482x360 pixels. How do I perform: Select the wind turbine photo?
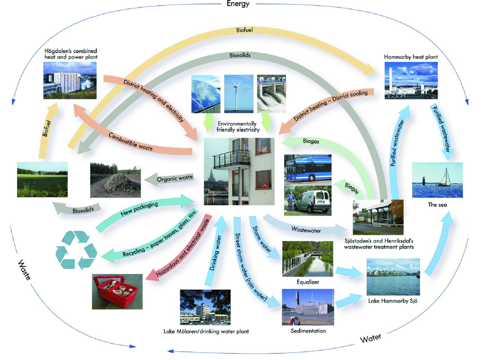coord(238,93)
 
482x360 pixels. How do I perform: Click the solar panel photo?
coord(206,93)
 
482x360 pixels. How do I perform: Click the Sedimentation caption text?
coord(308,330)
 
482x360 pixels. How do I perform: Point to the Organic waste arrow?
coord(175,179)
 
